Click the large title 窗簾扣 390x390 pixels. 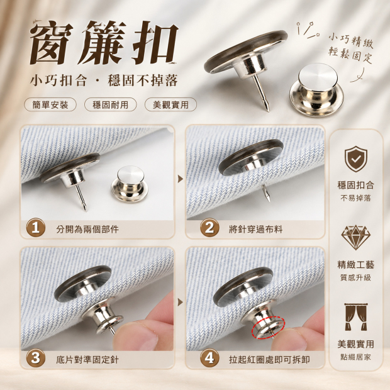(104, 42)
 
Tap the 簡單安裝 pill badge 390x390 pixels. (50, 104)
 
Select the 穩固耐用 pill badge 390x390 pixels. (111, 104)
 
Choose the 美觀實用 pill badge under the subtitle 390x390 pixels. (170, 104)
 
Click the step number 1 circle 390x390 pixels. (36, 227)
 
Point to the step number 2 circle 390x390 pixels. (209, 227)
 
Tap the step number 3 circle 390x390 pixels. (36, 358)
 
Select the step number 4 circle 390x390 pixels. (209, 358)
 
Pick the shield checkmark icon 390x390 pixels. (355, 159)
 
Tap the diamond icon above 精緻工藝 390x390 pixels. (355, 237)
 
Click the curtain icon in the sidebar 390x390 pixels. (355, 317)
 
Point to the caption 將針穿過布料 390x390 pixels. (255, 229)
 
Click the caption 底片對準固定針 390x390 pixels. (87, 360)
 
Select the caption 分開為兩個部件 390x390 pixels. (87, 229)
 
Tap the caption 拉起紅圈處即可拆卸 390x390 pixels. (269, 360)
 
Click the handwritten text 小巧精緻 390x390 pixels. (351, 42)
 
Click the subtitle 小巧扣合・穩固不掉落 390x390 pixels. (104, 80)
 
